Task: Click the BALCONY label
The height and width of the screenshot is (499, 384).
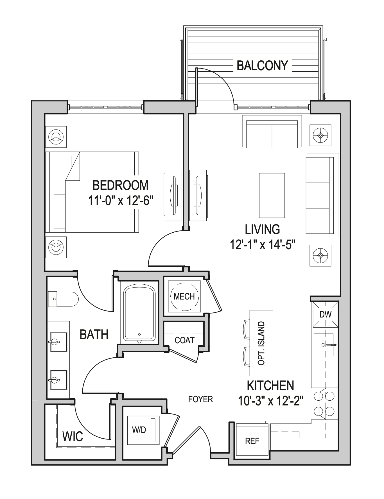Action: pos(262,66)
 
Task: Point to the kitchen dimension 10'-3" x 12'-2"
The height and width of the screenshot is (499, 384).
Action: pos(270,401)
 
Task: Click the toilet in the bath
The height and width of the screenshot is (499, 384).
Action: pos(63,299)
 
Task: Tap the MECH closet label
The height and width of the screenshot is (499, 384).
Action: pos(184,296)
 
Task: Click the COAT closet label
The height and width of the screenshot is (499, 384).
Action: pos(184,340)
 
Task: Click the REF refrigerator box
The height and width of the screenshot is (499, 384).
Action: pos(252,441)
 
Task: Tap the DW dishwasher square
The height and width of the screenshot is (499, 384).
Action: pos(326,314)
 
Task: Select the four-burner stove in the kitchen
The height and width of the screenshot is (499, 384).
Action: pos(324,404)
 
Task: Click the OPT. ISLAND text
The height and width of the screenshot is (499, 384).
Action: pos(261,343)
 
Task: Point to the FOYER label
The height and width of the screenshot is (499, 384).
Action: pos(200,399)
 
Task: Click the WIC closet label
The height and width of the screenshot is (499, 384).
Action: pos(73,436)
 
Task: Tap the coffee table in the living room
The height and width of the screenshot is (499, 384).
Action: pos(272,195)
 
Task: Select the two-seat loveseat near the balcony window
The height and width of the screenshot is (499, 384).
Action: pos(272,133)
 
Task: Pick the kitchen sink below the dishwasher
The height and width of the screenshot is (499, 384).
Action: pos(324,345)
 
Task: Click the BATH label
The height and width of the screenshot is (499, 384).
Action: pos(94,334)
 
